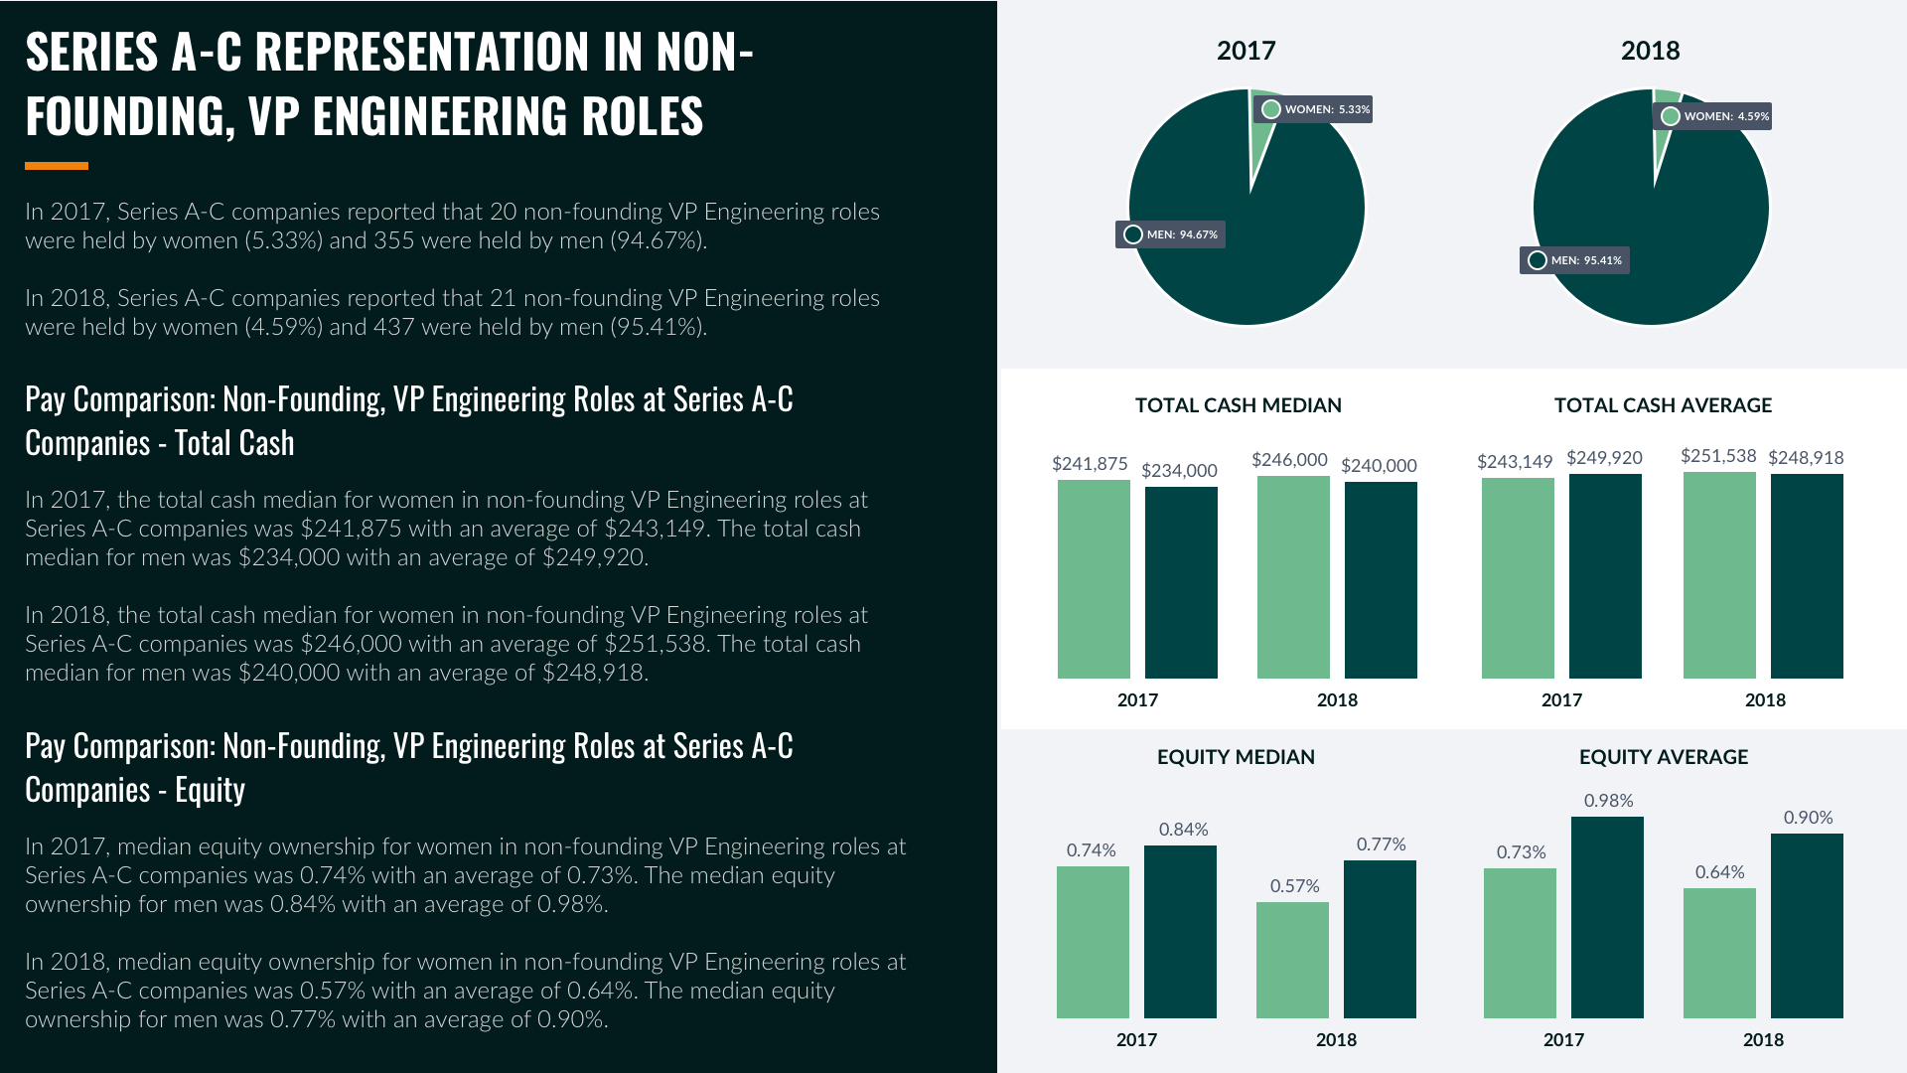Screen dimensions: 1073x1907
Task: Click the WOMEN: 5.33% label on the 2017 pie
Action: (x=1313, y=109)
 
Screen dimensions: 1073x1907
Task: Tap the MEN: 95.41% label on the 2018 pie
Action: (x=1575, y=260)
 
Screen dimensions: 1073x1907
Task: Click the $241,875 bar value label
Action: (x=1090, y=464)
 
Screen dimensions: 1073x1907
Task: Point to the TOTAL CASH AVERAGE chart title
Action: (x=1663, y=405)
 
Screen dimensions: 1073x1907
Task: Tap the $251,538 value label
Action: (x=1718, y=456)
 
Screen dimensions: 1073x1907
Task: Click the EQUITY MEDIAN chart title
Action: (x=1236, y=757)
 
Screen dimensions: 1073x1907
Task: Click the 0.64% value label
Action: (x=1719, y=872)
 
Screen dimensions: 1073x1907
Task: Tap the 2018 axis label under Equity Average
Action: (x=1763, y=1040)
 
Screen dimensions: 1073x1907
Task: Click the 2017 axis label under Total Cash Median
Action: (x=1137, y=700)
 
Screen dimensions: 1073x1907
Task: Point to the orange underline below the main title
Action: (x=57, y=166)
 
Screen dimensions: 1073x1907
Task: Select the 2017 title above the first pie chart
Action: (x=1246, y=51)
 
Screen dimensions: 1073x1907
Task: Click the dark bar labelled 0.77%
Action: (x=1380, y=939)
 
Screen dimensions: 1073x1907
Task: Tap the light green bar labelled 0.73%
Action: (x=1520, y=943)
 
